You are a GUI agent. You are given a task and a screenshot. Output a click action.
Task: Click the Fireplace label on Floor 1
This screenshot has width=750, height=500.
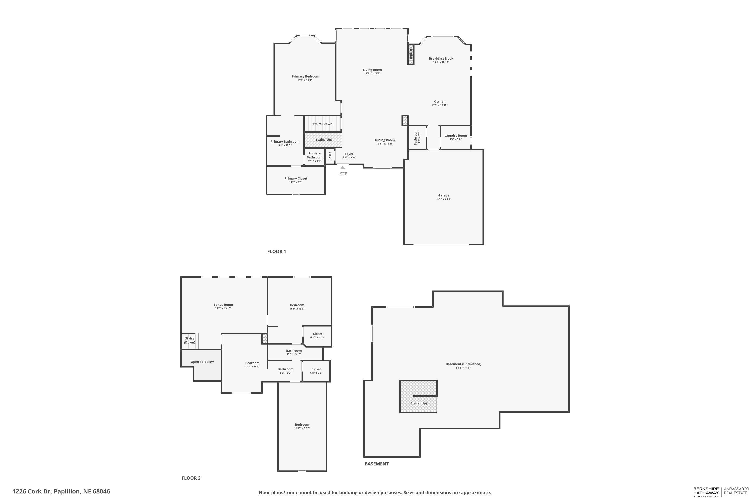coord(411,54)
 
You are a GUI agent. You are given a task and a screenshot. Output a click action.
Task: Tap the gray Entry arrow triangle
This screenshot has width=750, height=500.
coord(342,168)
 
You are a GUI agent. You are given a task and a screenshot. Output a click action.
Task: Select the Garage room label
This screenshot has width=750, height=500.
coord(443,195)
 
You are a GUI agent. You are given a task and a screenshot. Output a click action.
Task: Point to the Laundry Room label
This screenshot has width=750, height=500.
coord(456,136)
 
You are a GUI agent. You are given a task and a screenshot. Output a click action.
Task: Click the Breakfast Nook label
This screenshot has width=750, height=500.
coord(441,59)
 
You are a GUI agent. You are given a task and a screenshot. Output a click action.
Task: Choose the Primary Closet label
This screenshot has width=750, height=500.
coord(296,178)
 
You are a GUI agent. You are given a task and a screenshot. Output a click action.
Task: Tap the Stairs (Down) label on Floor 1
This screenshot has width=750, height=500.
coord(323,124)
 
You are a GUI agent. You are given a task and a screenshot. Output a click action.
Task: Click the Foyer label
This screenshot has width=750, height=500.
coord(349,154)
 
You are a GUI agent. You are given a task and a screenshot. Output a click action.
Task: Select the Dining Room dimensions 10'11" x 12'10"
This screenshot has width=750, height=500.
coord(385,144)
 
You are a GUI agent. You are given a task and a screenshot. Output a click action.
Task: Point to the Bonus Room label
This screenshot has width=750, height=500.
coord(223,305)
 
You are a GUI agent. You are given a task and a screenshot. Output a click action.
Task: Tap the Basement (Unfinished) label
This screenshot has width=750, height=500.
coord(463,364)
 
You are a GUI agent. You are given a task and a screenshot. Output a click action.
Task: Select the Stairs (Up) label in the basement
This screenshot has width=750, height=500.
coord(419,403)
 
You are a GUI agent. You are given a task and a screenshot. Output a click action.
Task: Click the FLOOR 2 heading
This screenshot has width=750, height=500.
coord(191,478)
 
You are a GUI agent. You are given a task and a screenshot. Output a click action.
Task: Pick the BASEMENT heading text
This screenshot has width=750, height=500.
coord(376,464)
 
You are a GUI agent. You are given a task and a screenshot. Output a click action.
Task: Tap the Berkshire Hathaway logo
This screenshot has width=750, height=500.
coord(706,492)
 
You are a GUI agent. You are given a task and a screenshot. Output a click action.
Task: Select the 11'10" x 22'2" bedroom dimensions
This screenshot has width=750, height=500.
coord(302,428)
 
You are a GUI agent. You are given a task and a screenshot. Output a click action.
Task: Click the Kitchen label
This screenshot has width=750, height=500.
coord(439,102)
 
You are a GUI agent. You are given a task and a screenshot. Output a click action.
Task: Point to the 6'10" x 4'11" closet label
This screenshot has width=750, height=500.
coord(317,337)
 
